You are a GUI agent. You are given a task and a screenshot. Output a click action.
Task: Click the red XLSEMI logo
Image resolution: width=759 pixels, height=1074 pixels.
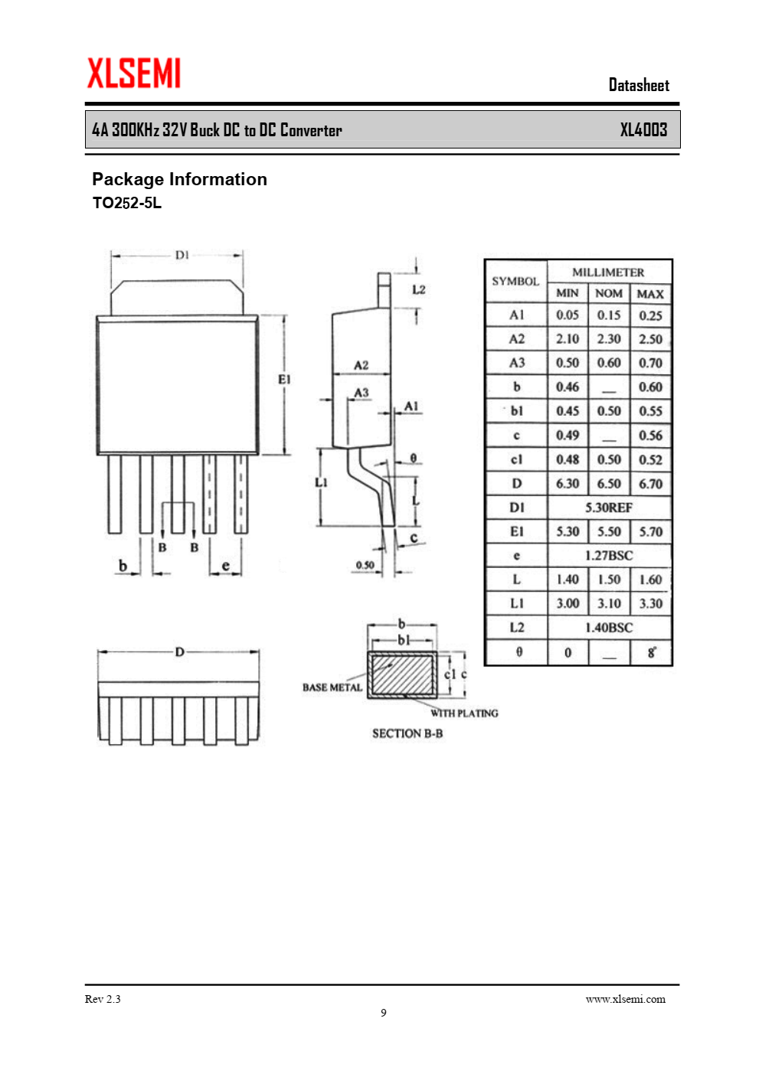click(134, 73)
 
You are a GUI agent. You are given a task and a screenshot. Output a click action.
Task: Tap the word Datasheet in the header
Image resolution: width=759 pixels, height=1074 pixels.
click(639, 85)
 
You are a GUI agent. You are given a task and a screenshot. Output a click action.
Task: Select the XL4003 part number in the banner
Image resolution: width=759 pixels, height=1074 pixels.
click(643, 129)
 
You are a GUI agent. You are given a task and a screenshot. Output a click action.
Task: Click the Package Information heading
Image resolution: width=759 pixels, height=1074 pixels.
click(179, 179)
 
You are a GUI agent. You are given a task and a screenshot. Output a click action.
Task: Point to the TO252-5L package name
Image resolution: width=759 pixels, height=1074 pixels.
click(127, 203)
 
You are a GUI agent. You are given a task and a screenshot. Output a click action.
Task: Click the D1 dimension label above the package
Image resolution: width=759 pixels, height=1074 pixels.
click(182, 255)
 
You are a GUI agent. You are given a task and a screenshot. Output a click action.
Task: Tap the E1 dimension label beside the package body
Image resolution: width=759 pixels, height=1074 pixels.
click(284, 379)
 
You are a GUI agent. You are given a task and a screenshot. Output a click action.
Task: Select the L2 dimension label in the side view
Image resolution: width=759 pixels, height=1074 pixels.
click(418, 289)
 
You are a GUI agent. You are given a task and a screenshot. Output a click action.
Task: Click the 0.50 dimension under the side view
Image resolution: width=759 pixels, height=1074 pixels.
click(365, 565)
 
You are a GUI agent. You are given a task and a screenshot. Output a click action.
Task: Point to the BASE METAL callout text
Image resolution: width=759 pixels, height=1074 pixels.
click(332, 687)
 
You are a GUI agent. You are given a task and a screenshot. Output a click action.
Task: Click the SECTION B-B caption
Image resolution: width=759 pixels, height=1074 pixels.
click(407, 733)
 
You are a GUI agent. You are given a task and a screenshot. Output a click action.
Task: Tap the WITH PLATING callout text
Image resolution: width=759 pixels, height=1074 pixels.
click(464, 713)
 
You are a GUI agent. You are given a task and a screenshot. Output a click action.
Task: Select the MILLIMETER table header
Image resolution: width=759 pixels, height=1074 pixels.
click(608, 272)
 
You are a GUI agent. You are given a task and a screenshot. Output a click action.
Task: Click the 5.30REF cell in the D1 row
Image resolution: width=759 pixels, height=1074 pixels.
click(609, 508)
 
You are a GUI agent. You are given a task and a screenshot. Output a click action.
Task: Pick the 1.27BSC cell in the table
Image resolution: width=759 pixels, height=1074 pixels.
click(609, 556)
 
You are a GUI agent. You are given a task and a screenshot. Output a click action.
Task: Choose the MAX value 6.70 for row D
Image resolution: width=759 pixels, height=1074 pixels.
click(650, 484)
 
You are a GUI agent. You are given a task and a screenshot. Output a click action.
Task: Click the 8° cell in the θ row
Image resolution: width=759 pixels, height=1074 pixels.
click(651, 652)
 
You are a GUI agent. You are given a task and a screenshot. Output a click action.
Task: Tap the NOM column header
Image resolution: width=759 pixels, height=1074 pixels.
click(609, 293)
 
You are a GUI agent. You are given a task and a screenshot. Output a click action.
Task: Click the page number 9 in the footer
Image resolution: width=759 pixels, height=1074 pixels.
click(384, 1013)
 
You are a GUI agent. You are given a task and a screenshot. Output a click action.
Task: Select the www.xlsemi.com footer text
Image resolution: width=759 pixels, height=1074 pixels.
click(625, 999)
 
